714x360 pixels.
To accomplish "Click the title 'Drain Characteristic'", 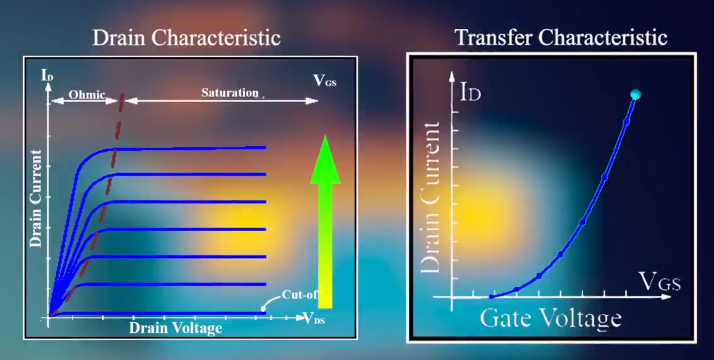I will [x=186, y=38].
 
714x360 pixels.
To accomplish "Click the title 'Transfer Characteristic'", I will [x=561, y=37].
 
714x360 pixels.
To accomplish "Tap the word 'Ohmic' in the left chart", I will [x=87, y=94].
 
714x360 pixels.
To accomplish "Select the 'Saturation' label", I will [x=230, y=93].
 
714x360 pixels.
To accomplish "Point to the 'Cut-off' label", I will [x=300, y=295].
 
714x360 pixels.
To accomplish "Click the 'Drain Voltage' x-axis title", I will [x=175, y=328].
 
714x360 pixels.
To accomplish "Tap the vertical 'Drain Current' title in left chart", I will [x=36, y=199].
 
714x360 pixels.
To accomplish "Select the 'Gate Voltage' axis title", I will [x=550, y=319].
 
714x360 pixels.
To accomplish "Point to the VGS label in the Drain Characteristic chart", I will [x=324, y=81].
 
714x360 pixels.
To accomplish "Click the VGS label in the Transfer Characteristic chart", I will [x=659, y=282].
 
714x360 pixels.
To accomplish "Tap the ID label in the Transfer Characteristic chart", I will [x=470, y=92].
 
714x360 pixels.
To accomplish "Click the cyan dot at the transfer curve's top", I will [x=636, y=94].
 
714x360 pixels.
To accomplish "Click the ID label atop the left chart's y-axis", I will [x=47, y=75].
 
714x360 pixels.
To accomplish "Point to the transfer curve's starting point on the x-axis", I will [x=492, y=296].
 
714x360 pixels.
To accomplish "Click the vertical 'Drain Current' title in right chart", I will [x=430, y=198].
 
